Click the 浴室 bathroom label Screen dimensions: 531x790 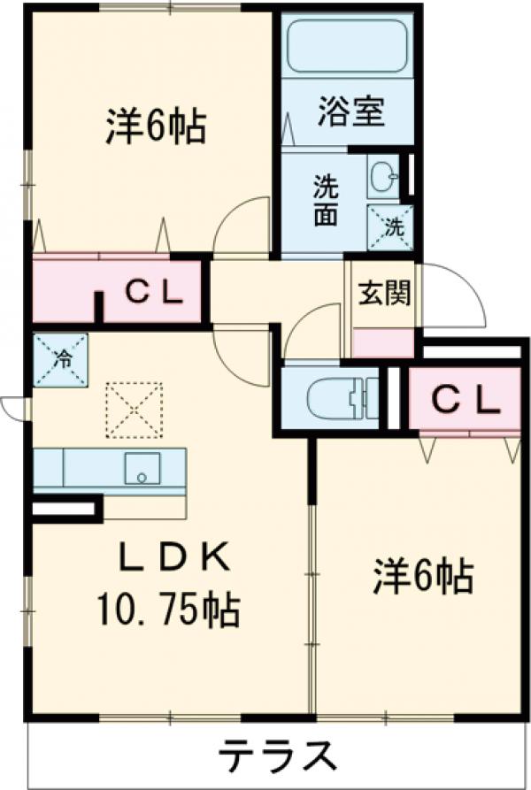coord(351,111)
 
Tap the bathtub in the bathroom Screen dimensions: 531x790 coord(347,46)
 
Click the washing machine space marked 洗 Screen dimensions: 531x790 coord(390,227)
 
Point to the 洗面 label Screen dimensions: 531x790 coord(326,200)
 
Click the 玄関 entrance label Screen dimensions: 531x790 coord(384,292)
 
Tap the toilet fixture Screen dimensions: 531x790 coord(342,398)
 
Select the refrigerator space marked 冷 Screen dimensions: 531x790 coord(60,360)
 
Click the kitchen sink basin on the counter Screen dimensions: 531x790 coord(142,469)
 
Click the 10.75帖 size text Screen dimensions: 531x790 coord(168,610)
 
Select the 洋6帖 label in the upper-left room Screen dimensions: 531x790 coord(156,127)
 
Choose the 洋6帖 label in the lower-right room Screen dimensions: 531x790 coord(423,575)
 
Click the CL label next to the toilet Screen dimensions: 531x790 coord(466,400)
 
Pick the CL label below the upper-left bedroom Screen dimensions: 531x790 coord(154,292)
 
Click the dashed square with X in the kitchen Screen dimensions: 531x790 coord(134,410)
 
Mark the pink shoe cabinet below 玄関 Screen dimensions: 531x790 coord(384,343)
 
